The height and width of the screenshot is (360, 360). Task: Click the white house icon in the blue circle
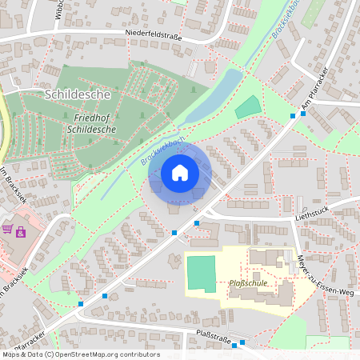click(180, 173)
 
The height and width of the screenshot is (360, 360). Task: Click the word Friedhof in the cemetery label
click(85, 117)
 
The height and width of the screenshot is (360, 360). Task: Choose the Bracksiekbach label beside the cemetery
click(163, 150)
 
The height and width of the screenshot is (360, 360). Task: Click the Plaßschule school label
click(248, 282)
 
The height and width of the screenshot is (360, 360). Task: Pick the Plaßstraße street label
click(214, 338)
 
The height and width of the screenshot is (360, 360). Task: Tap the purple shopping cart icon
click(7, 230)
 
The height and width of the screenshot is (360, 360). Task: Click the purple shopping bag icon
click(21, 233)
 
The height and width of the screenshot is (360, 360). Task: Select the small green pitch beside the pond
click(249, 107)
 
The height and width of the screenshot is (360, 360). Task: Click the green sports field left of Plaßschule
click(201, 274)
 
